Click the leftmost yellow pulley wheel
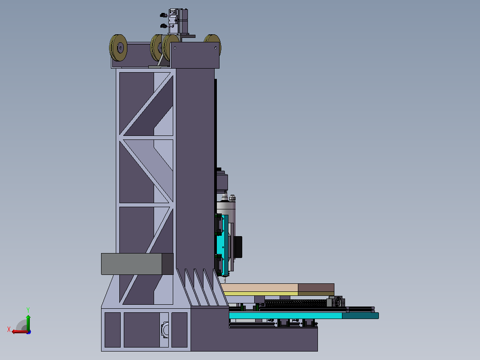(118, 48)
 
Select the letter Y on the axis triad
(28, 310)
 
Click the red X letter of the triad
(9, 330)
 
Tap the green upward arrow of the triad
(28, 323)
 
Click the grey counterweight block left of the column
(137, 264)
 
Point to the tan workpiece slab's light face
(260, 288)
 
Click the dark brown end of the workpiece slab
(316, 288)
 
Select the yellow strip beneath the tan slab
(261, 294)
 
